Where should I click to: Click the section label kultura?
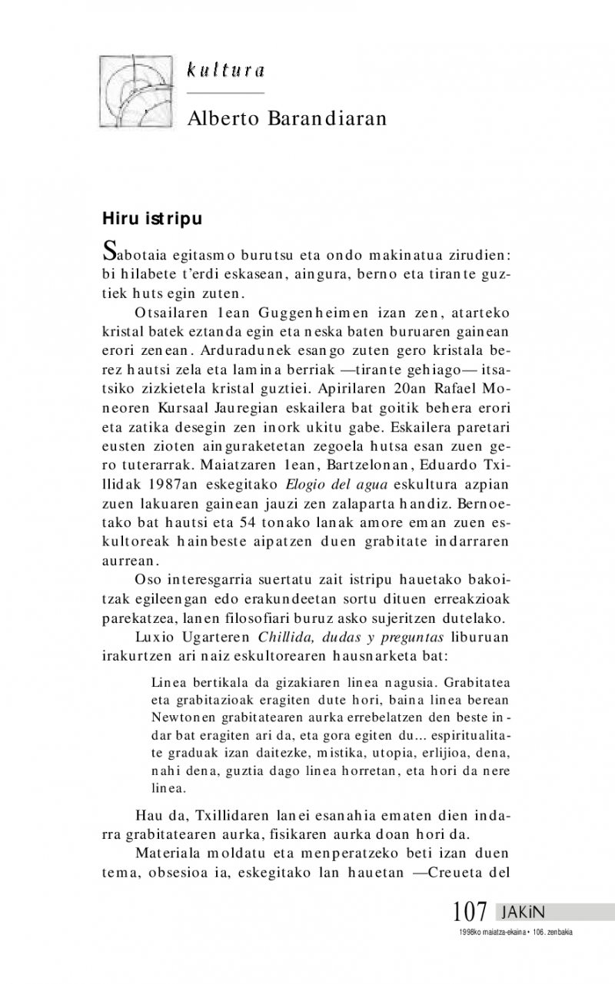(x=225, y=71)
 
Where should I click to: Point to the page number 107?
(x=470, y=912)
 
